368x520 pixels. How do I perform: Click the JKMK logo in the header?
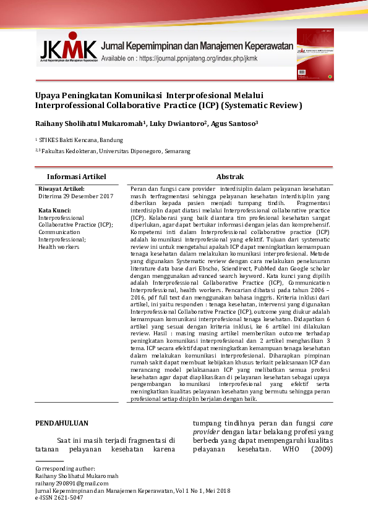point(69,49)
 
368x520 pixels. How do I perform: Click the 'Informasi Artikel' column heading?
point(77,177)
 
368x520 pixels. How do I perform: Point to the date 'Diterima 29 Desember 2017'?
point(75,196)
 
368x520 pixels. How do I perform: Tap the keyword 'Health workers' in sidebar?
point(59,247)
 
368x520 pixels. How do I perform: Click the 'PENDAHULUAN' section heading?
point(61,424)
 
